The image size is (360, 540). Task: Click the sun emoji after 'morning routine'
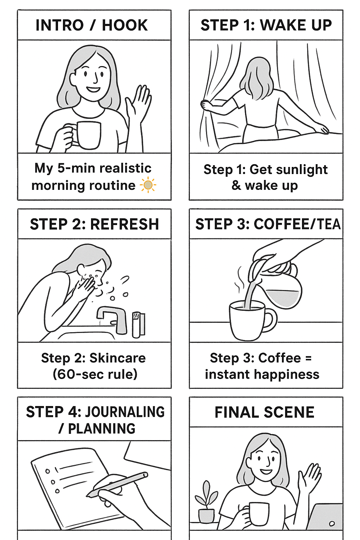148,185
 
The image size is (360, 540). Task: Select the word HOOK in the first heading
125,25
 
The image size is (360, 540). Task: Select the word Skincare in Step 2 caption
117,358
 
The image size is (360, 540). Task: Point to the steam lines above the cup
240,279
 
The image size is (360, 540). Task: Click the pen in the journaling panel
118,484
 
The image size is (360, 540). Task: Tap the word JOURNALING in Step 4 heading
125,412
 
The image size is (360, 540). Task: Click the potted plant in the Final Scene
206,503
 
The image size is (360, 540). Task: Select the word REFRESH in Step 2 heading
124,224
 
